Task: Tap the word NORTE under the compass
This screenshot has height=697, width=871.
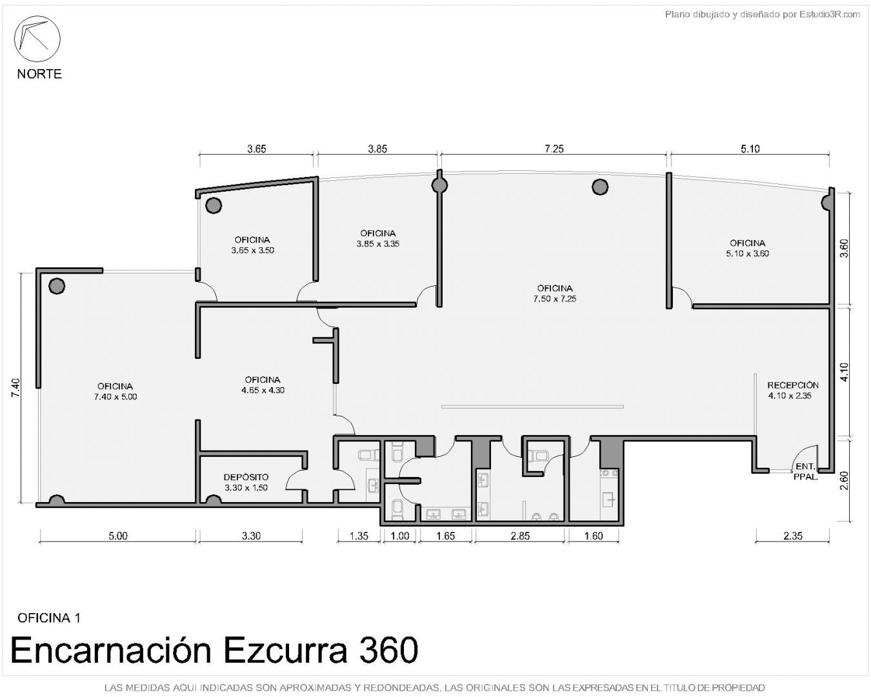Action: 39,74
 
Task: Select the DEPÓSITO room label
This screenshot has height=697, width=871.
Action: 246,477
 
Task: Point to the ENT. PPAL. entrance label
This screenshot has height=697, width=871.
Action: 805,472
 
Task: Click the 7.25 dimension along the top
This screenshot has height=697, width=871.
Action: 554,149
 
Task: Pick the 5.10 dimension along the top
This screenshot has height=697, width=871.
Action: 750,149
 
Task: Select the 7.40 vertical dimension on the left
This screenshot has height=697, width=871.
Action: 15,388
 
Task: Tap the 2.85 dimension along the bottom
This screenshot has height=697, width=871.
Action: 520,536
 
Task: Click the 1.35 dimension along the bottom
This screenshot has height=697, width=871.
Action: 359,536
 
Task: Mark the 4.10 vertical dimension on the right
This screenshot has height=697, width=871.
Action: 844,372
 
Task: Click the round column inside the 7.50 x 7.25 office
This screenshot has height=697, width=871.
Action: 599,187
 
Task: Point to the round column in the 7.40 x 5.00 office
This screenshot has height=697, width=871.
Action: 57,287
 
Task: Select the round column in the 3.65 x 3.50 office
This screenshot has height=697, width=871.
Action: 214,206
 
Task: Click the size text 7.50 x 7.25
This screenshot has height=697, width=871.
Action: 554,299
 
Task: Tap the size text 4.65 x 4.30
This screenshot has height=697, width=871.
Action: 263,390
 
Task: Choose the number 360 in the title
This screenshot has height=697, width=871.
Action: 388,651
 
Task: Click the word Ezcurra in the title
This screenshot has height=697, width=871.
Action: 285,651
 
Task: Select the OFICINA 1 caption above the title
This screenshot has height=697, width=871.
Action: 49,618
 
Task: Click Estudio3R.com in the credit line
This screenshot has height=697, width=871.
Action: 829,15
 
